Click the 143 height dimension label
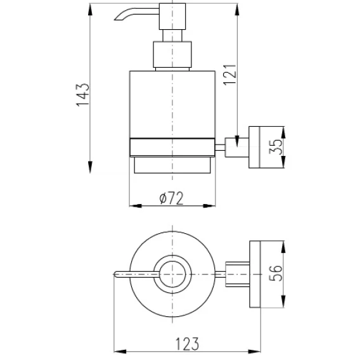(82, 95)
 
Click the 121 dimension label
(230, 75)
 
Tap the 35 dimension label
(275, 146)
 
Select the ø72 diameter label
(172, 198)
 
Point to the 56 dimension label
(275, 273)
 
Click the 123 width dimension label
(187, 344)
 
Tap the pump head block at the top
(172, 16)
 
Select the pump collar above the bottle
(172, 55)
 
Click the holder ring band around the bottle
(172, 148)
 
